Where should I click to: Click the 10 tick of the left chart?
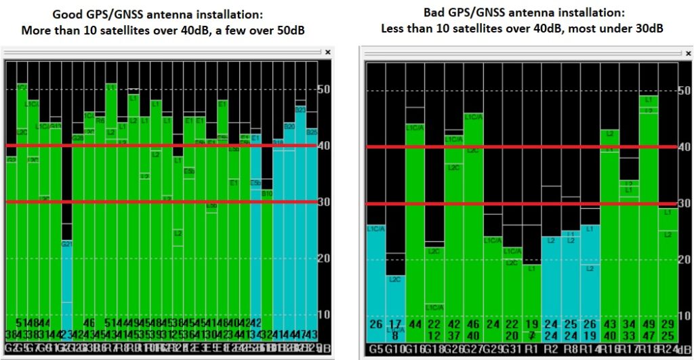324,314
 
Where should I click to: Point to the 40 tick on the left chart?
324,145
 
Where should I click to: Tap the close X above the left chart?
328,52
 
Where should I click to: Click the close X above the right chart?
685,53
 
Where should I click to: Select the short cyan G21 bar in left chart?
66,285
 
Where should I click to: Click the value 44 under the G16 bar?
415,324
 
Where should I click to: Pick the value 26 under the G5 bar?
375,324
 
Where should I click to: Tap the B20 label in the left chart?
289,126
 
